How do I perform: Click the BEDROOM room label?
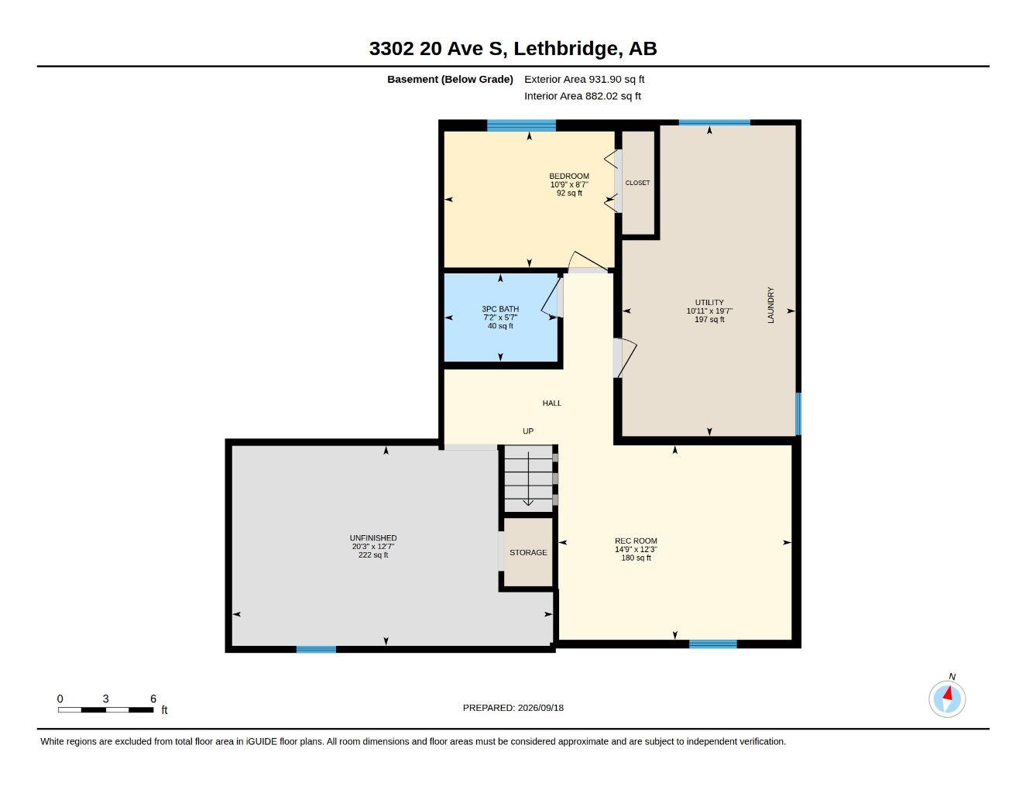point(569,176)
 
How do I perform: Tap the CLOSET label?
point(637,183)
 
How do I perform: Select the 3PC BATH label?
point(500,309)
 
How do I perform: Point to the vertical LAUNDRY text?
point(770,305)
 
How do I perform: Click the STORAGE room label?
point(528,552)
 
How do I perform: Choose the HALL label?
point(551,403)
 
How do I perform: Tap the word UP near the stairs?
point(528,431)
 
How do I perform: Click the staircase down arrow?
point(528,479)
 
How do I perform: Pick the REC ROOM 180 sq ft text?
point(636,558)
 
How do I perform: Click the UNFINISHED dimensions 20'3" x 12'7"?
point(373,547)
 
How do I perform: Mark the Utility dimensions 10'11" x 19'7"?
point(709,311)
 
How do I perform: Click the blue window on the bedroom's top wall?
point(521,125)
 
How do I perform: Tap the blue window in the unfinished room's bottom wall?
point(317,650)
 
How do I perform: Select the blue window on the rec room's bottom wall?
point(713,644)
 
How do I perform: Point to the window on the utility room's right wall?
point(798,414)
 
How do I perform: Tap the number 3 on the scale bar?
point(106,699)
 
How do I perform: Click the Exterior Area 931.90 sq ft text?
point(584,79)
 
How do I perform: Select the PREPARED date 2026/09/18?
point(540,708)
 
